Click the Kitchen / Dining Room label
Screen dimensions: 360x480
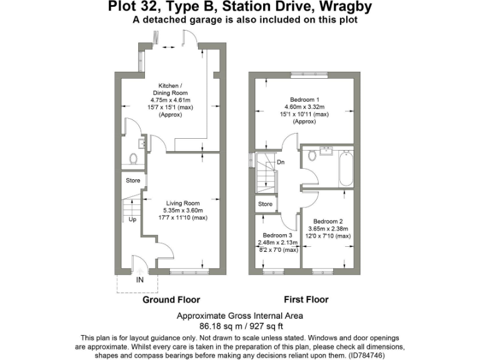pyautogui.click(x=169, y=89)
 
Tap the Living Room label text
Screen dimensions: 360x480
pyautogui.click(x=182, y=203)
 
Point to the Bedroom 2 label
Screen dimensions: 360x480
pyautogui.click(x=328, y=221)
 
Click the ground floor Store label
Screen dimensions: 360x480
pyautogui.click(x=133, y=181)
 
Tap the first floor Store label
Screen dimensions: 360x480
pyautogui.click(x=266, y=204)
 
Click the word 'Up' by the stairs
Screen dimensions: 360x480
pyautogui.click(x=132, y=220)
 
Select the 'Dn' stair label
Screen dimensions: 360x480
pyautogui.click(x=281, y=162)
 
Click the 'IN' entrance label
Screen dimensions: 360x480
pyautogui.click(x=140, y=279)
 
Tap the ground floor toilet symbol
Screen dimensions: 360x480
pyautogui.click(x=132, y=158)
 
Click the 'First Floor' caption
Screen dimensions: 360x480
pyautogui.click(x=306, y=300)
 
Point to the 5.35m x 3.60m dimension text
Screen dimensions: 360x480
pyautogui.click(x=182, y=211)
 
